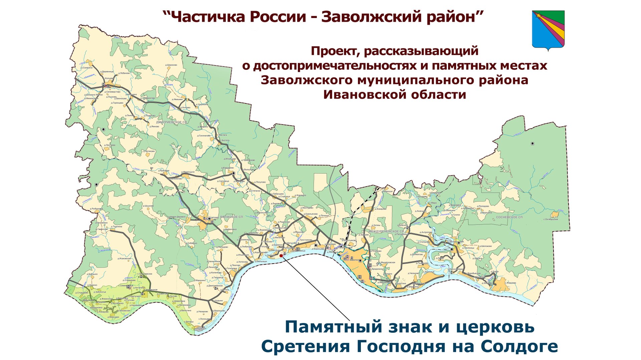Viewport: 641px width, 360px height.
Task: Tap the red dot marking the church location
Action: pos(281,256)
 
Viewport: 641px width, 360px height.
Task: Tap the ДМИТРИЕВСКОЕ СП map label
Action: pos(172,122)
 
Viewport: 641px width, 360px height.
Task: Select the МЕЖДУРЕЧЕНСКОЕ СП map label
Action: pos(386,231)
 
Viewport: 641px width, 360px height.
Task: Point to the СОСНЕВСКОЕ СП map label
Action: pos(509,217)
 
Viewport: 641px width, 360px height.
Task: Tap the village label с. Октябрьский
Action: pos(551,219)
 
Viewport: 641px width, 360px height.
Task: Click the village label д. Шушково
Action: pos(148,206)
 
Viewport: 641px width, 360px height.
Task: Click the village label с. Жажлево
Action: pos(510,283)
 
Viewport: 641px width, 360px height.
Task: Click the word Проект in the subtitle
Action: pos(336,51)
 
